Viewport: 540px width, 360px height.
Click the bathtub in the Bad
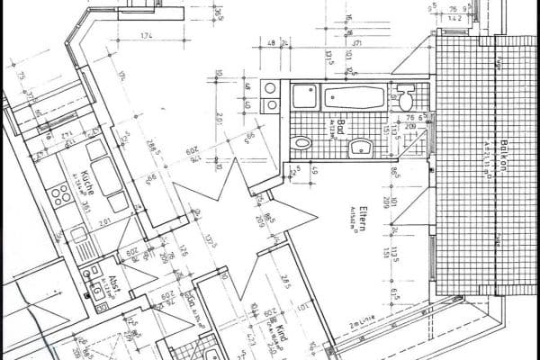355,95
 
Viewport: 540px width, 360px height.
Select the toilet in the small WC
406,95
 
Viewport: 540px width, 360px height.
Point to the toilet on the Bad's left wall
302,142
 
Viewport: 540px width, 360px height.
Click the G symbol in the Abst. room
95,292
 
